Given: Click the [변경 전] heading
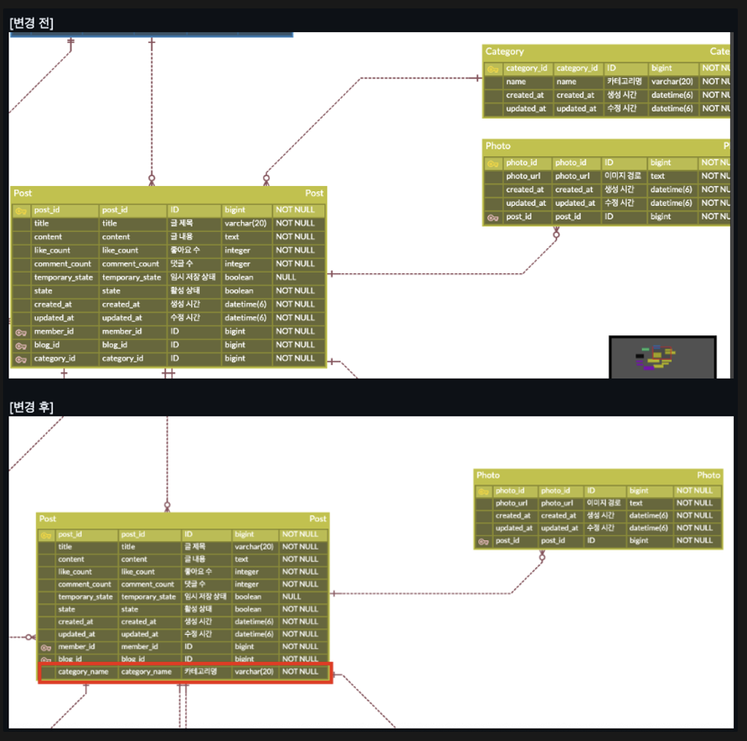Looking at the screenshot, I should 31,23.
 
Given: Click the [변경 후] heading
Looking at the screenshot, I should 31,406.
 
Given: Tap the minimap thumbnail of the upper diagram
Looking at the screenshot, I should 662,357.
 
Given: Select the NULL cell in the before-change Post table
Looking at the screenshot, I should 286,277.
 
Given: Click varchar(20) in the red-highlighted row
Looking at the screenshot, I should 254,671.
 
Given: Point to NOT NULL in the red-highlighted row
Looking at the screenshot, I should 300,671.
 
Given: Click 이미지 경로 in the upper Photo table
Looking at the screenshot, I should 622,176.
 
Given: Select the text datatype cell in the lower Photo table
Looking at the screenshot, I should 636,503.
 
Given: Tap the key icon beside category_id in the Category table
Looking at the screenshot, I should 494,69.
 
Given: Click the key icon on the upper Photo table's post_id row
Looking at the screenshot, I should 494,217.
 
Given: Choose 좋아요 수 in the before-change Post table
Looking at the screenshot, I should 184,250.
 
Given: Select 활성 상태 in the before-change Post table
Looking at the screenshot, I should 184,291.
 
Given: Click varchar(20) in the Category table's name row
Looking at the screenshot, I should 672,82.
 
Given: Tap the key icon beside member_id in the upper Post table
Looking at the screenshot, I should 21,331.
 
